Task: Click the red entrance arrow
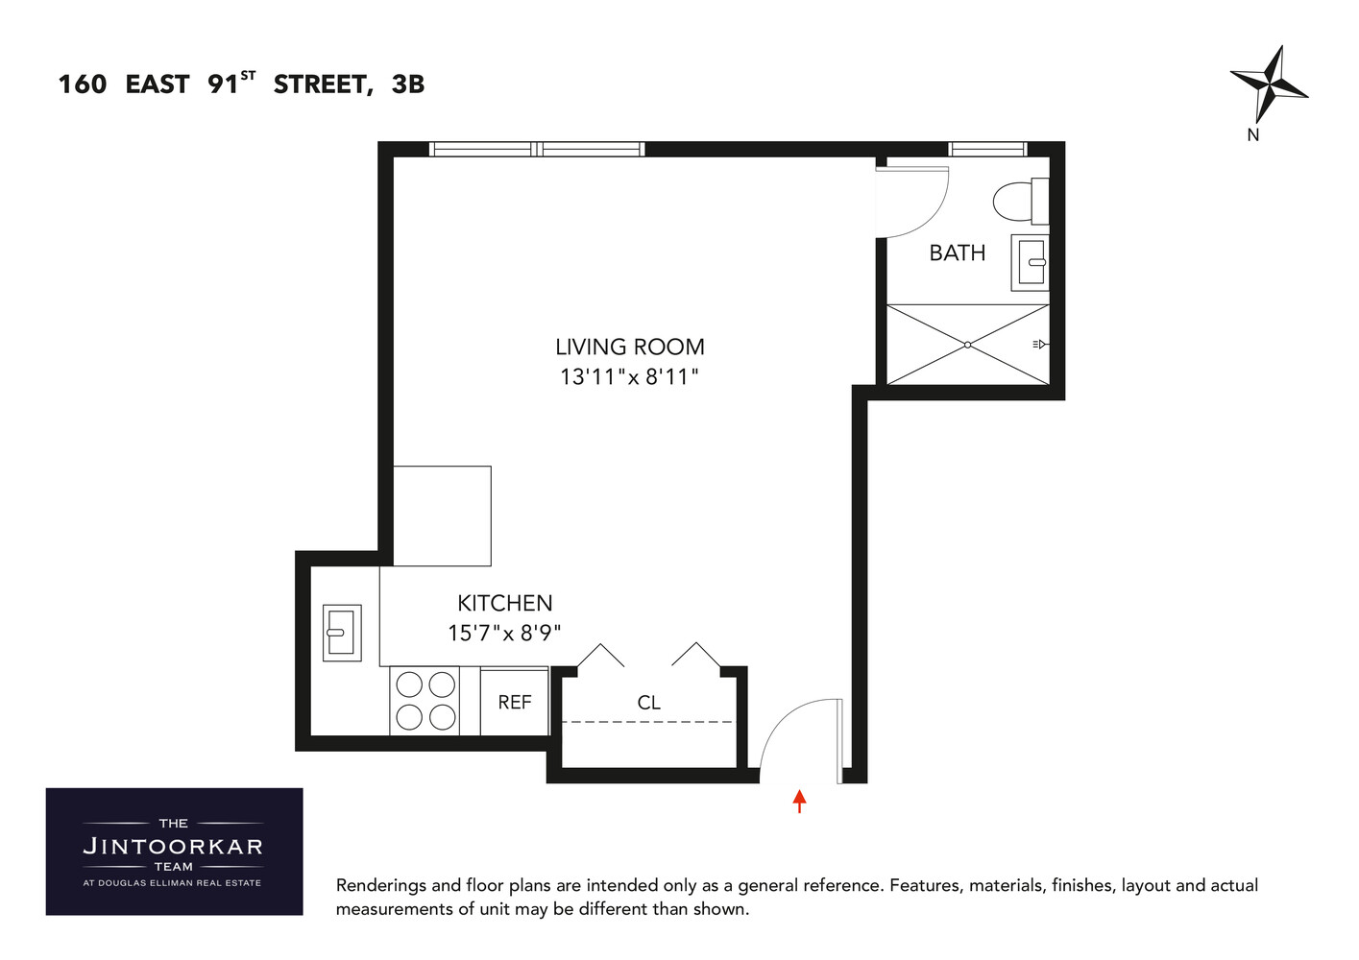tap(799, 801)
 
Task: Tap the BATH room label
tap(957, 252)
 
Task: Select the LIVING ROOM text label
tap(629, 347)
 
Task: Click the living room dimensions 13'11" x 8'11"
tap(629, 376)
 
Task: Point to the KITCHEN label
tap(504, 603)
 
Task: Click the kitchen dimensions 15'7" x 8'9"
tap(504, 633)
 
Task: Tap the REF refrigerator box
tap(514, 702)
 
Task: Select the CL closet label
tap(648, 703)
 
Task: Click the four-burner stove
tap(425, 701)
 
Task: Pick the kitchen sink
tap(341, 632)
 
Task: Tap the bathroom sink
tap(1031, 261)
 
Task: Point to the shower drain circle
tap(967, 345)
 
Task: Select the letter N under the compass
tap(1252, 135)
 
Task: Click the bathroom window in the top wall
tap(987, 149)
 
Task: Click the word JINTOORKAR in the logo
tap(173, 847)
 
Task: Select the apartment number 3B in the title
tap(408, 84)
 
